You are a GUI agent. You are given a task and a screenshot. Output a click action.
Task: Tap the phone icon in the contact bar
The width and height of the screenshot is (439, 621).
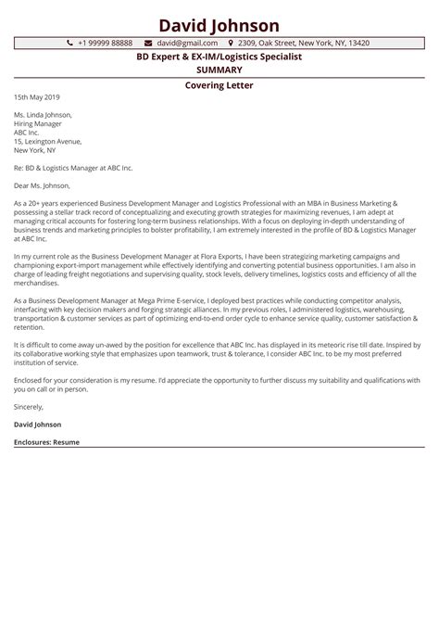[x=70, y=44]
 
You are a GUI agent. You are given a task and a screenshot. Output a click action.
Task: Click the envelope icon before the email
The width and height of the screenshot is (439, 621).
[x=149, y=44]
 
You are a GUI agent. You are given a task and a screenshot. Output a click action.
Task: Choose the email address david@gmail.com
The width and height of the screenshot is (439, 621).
[x=187, y=44]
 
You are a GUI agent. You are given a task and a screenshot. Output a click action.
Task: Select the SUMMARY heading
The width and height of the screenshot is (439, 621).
[x=219, y=70]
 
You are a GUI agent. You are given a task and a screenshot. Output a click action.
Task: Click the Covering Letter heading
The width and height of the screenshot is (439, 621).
[x=219, y=85]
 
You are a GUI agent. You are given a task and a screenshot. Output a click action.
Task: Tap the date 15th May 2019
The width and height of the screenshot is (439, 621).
[x=37, y=97]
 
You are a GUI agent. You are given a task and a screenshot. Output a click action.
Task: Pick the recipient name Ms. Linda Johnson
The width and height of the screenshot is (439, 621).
[x=43, y=115]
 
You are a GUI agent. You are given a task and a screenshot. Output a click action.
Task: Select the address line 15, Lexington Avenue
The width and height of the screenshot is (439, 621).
[x=45, y=141]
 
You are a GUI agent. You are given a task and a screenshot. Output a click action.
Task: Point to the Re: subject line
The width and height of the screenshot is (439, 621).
[x=73, y=168]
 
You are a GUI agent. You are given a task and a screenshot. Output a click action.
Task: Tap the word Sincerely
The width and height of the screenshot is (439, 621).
[x=29, y=407]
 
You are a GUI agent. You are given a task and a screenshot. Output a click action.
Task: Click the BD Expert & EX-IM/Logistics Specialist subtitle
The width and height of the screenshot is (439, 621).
[x=219, y=57]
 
